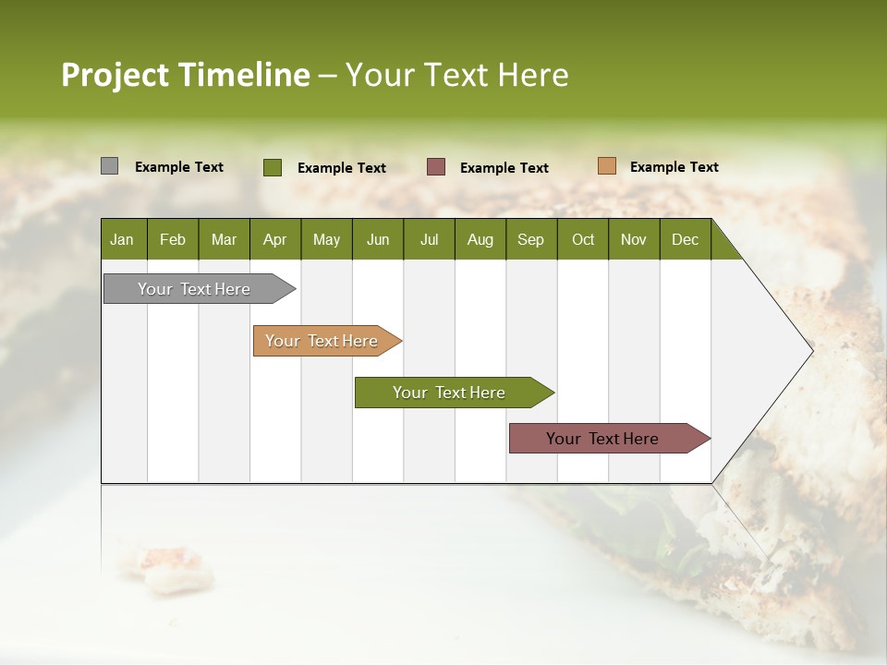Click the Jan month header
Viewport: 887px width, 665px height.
click(123, 239)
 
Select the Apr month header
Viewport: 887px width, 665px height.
click(274, 239)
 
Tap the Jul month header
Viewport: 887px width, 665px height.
click(429, 239)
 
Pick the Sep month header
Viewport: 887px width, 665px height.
click(530, 239)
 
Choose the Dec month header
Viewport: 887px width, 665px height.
click(685, 239)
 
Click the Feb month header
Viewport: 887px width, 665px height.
click(173, 239)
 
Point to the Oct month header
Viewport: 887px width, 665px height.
click(583, 239)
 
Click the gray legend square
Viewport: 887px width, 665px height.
click(109, 166)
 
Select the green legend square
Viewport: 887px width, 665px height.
click(273, 167)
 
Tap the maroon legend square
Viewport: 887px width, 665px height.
click(436, 167)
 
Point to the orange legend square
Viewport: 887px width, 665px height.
click(606, 166)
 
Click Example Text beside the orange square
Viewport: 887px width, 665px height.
click(674, 167)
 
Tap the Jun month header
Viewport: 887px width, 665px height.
click(377, 239)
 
